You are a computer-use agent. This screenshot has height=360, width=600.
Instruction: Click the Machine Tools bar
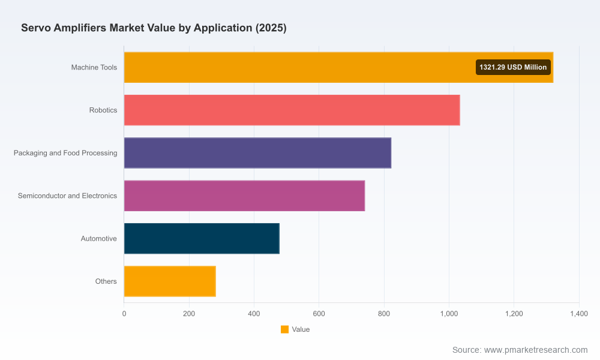click(338, 67)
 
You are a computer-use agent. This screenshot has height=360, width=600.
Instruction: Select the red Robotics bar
click(292, 110)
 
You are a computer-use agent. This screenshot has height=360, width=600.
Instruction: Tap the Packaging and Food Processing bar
click(257, 153)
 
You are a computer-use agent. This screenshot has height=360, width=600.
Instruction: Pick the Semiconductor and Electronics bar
click(245, 196)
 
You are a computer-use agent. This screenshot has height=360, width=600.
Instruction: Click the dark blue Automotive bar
click(202, 239)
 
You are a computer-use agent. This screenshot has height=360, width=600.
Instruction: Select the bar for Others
click(170, 281)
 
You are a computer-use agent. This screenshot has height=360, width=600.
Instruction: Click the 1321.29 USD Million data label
click(513, 67)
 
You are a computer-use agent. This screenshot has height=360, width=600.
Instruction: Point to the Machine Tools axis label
click(94, 67)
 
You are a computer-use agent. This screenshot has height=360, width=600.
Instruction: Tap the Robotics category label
click(103, 110)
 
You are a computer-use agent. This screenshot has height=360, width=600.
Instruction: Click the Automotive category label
click(99, 239)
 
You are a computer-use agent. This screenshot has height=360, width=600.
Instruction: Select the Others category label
click(106, 281)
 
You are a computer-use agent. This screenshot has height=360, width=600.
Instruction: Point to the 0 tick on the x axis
click(124, 314)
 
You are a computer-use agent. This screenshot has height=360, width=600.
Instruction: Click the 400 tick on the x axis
click(254, 314)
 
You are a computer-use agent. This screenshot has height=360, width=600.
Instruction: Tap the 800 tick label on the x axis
click(384, 314)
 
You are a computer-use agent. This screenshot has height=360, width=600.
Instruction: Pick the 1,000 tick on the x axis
click(449, 314)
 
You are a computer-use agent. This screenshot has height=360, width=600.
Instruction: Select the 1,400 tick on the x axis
click(579, 314)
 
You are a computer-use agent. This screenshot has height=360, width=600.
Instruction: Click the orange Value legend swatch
click(284, 329)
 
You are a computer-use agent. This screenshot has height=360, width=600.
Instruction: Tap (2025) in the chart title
click(271, 28)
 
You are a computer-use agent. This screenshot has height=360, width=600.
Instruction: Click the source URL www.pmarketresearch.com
click(536, 350)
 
